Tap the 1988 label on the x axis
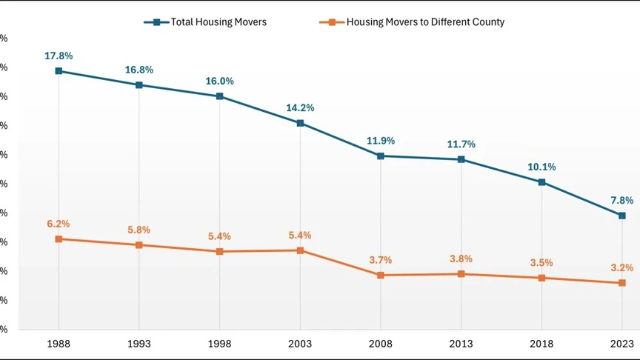(x=59, y=344)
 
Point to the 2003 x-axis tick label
(x=300, y=344)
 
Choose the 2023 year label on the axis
(x=622, y=344)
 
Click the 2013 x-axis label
(x=461, y=344)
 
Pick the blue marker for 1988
(x=59, y=71)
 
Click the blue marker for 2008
(x=381, y=156)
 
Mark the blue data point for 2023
(x=622, y=216)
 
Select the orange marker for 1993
(x=139, y=245)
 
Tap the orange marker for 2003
(x=300, y=250)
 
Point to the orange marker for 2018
(x=541, y=278)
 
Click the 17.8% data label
(x=59, y=56)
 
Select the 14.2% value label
(x=300, y=107)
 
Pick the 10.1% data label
(x=541, y=167)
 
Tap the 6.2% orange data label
(x=59, y=224)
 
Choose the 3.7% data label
(x=381, y=260)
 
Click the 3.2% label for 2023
(x=622, y=267)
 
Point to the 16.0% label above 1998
(x=220, y=81)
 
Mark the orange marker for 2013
(x=461, y=274)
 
